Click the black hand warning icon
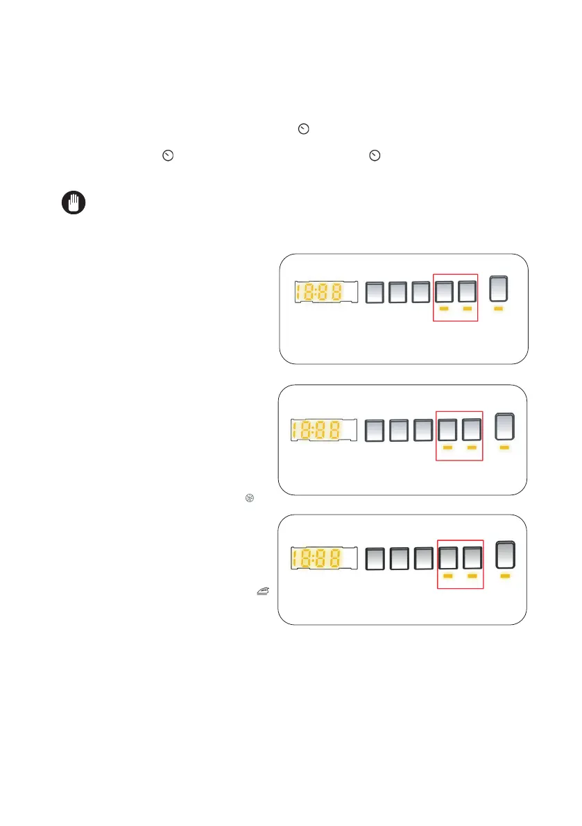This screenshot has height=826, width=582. [x=71, y=203]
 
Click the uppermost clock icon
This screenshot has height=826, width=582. [x=302, y=128]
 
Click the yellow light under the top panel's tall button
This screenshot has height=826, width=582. [x=499, y=309]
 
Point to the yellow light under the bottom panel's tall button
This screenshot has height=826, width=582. [x=505, y=576]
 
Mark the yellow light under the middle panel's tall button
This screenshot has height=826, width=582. [x=504, y=448]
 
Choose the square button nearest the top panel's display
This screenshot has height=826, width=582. [x=375, y=293]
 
